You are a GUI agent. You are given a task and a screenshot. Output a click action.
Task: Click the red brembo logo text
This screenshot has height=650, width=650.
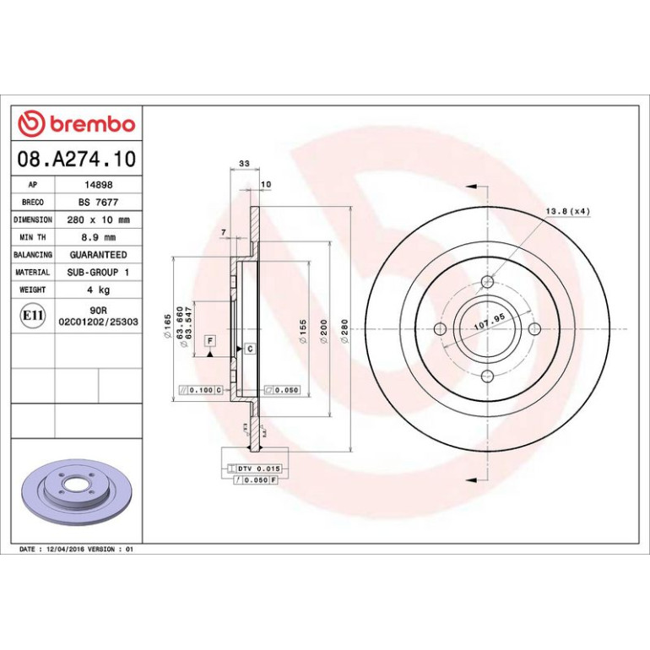tap(93, 124)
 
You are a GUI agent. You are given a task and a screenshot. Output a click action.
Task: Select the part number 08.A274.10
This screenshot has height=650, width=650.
tap(77, 160)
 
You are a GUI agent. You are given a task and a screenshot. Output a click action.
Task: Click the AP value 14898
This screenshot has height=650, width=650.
tap(99, 185)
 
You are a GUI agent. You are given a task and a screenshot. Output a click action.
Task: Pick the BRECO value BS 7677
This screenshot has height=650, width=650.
tap(98, 203)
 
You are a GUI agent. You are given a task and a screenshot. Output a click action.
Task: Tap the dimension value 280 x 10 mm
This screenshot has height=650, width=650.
tap(98, 219)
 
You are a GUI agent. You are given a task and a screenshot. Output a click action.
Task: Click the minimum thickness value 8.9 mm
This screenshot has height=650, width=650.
tap(98, 237)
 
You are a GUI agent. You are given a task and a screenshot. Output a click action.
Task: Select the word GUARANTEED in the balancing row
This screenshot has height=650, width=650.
tap(98, 255)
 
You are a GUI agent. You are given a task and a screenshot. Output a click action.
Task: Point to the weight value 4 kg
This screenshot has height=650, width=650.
tap(98, 290)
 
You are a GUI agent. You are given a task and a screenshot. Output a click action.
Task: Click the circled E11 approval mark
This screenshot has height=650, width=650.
tap(33, 316)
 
